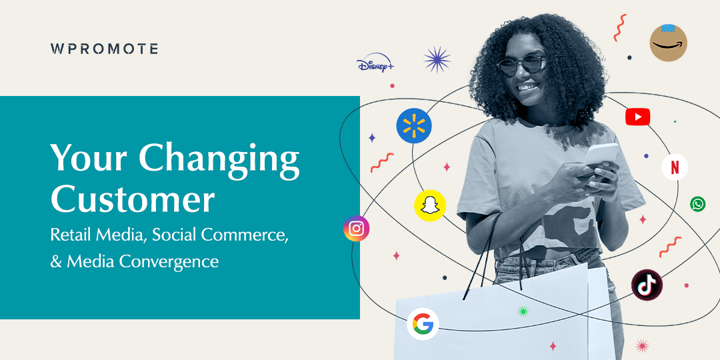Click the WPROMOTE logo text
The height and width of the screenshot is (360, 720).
104,49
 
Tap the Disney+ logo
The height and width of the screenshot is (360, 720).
375,65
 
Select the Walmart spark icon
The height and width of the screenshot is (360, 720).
414,126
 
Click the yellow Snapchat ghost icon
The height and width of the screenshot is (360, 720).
430,205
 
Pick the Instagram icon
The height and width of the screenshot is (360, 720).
356,229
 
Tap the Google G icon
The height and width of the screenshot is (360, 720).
423,324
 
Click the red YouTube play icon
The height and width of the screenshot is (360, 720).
637,117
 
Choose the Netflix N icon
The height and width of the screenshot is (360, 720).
675,167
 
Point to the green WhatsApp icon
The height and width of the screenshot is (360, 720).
698,204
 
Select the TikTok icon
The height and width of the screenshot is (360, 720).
647,285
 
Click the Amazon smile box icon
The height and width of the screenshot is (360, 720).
668,43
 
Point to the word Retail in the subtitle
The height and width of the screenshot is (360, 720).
71,235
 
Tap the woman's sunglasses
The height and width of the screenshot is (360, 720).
521,65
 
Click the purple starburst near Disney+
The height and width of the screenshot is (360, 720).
437,59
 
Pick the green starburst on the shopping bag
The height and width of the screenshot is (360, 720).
523,311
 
